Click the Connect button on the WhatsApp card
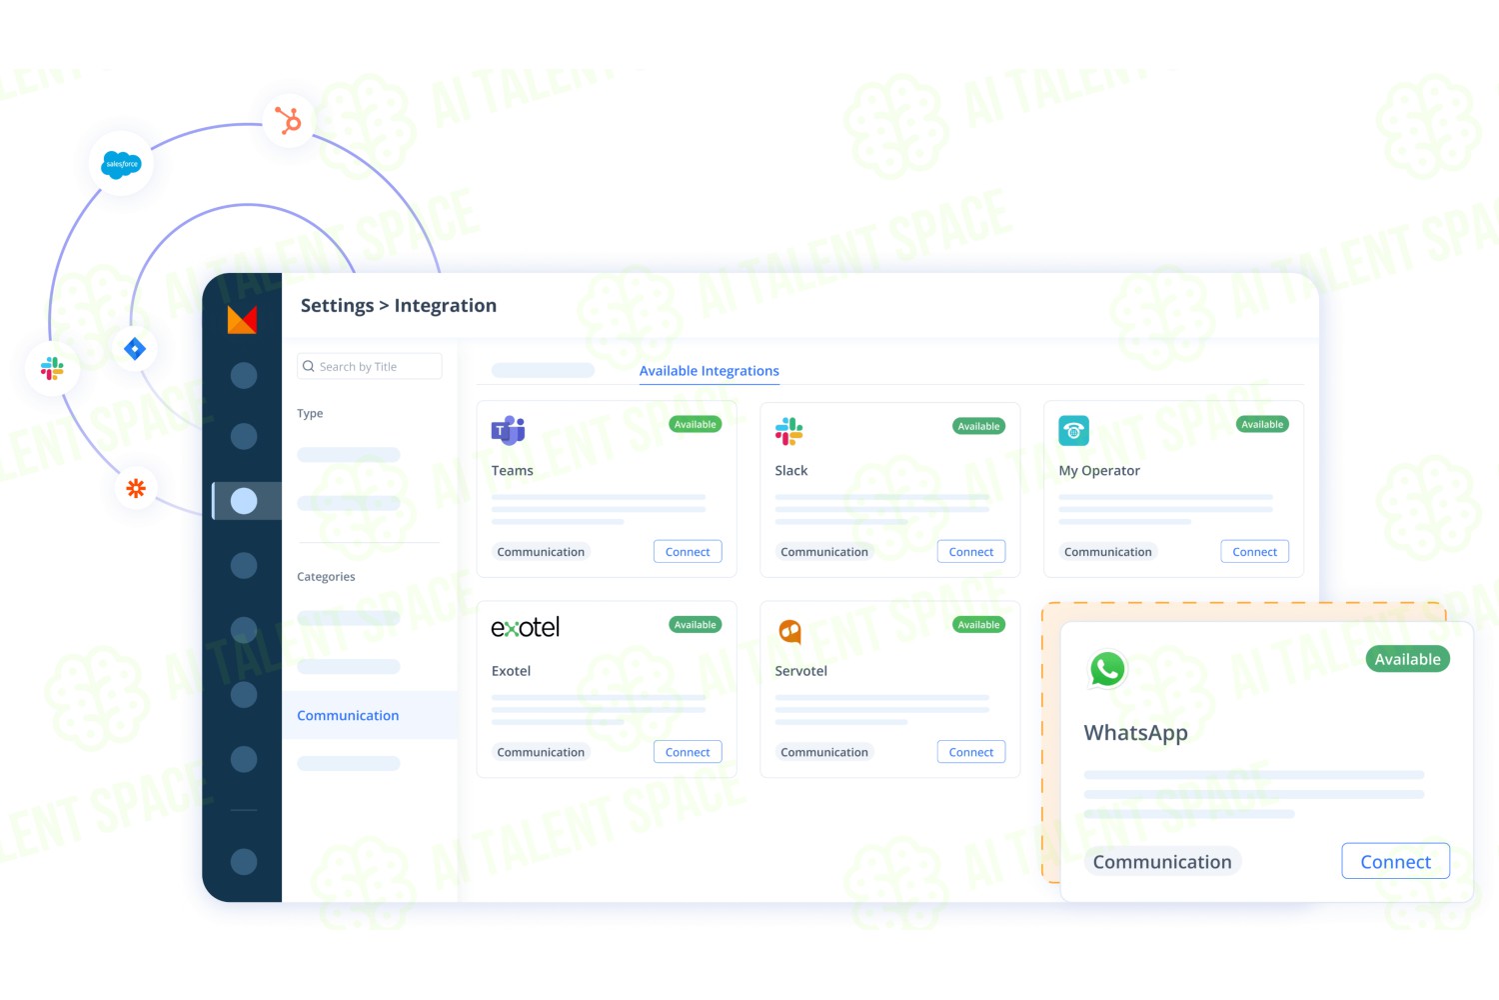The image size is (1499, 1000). coord(1395,861)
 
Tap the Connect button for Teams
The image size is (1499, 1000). coord(688,551)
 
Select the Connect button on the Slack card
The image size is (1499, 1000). coord(971,551)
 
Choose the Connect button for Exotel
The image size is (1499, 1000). coord(688,752)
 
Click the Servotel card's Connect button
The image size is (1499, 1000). coord(971,752)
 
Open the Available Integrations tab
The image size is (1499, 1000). coord(709,370)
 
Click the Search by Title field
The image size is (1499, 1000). coord(370,366)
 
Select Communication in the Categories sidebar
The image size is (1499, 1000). coord(348,715)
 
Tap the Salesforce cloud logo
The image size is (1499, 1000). coord(121,164)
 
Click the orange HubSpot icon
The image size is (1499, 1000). coord(289,121)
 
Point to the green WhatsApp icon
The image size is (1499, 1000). coord(1107,668)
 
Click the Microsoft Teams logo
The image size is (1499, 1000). coord(508,430)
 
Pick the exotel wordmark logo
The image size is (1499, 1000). coord(526,627)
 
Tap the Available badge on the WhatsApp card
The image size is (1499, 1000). coord(1408,659)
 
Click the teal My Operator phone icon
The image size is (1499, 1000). coord(1073,431)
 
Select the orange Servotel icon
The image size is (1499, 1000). coord(790,631)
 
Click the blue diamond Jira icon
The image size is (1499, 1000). coord(135,348)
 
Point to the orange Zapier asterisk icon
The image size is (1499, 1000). coord(136,488)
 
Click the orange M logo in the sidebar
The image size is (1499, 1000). coord(242,319)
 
